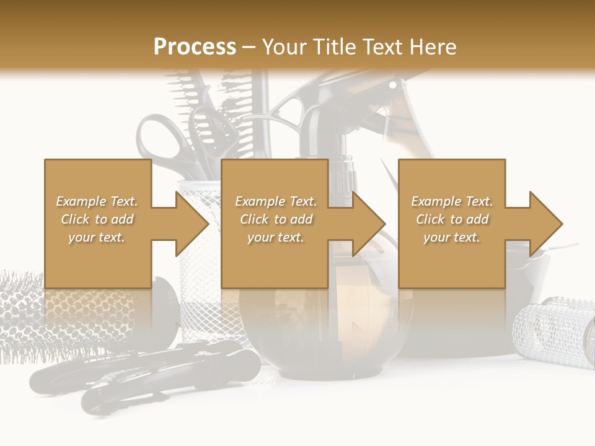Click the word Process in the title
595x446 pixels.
[195, 47]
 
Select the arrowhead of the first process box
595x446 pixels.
[192, 224]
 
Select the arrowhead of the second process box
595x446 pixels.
[369, 224]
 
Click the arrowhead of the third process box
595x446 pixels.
[545, 224]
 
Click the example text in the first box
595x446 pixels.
[97, 219]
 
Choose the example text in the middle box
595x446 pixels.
[276, 219]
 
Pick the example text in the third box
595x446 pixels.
[452, 219]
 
